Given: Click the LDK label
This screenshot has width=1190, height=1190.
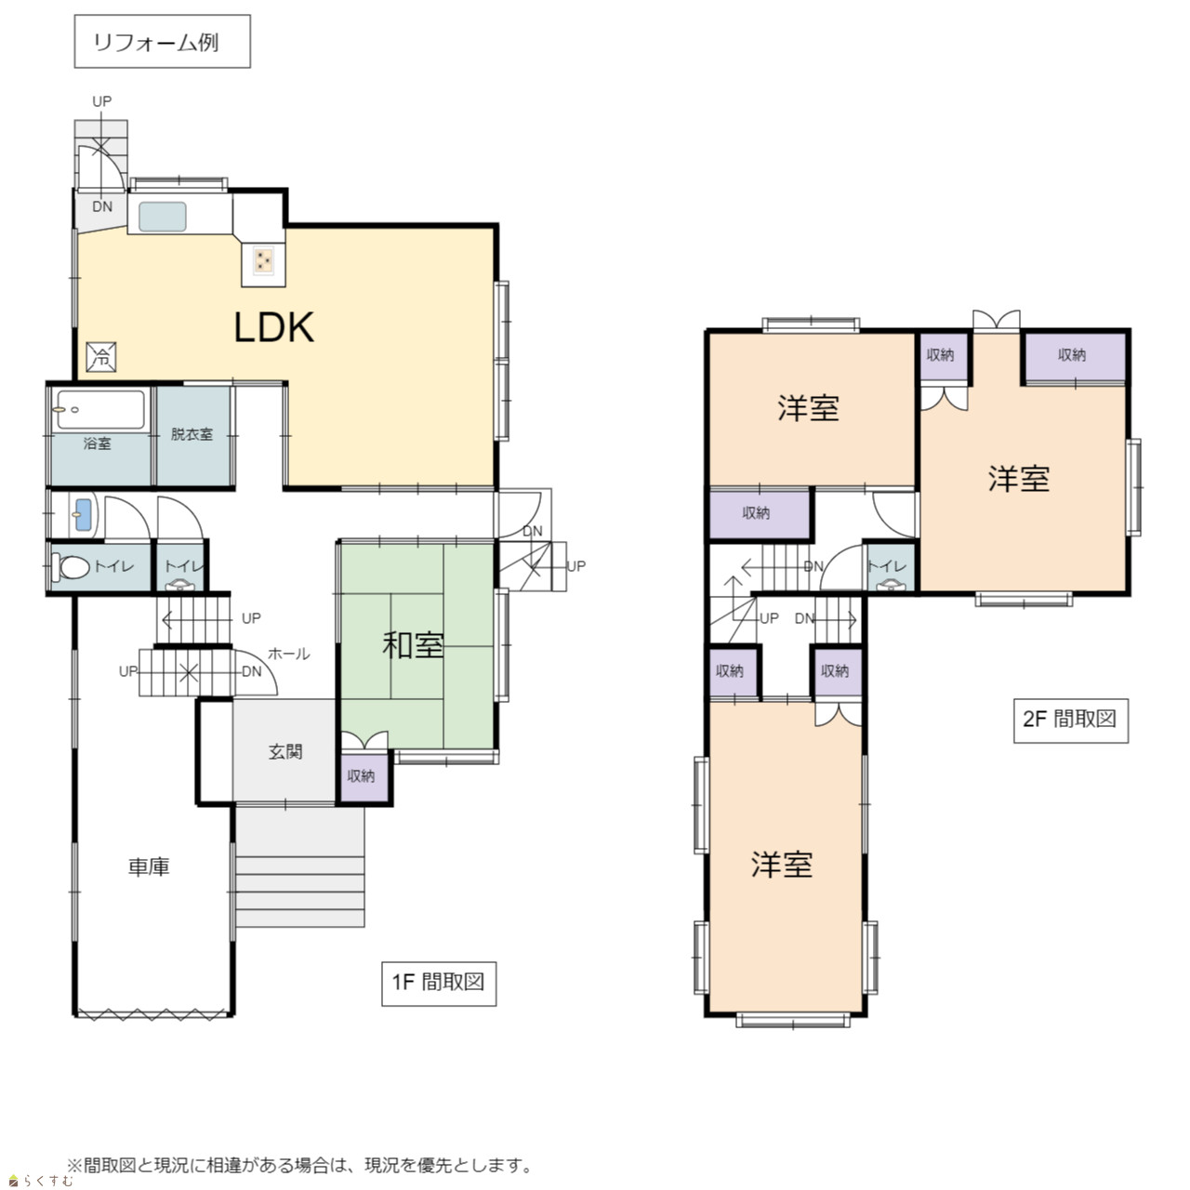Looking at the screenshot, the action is click(273, 327).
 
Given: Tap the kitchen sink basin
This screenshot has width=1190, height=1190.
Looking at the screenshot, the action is click(163, 217).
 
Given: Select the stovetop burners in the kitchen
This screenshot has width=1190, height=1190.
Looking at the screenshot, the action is click(264, 260).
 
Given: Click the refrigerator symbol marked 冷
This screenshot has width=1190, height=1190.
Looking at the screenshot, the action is click(101, 357).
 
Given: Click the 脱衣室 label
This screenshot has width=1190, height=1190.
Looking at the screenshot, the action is click(192, 434).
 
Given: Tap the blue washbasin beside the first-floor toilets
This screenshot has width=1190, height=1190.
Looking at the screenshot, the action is click(83, 514).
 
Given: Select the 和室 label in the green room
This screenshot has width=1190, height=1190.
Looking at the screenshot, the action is click(413, 645).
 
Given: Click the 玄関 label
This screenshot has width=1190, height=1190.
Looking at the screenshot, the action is click(285, 751).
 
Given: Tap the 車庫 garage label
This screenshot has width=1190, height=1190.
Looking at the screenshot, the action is click(149, 867).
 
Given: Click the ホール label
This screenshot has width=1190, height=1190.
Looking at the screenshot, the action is click(289, 654).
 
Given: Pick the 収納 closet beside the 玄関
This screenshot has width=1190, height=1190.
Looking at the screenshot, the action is click(364, 776).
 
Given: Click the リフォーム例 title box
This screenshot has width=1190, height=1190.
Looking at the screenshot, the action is click(163, 42).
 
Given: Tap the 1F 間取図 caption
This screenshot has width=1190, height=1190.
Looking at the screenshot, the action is click(439, 984).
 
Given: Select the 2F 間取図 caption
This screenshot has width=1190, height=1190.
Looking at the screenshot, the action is click(1071, 721).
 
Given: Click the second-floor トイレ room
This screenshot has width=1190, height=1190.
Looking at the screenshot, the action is click(890, 567).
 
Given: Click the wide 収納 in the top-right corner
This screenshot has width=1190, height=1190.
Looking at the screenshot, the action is click(1073, 357).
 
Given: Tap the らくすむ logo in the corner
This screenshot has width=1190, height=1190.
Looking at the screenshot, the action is click(41, 1180).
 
